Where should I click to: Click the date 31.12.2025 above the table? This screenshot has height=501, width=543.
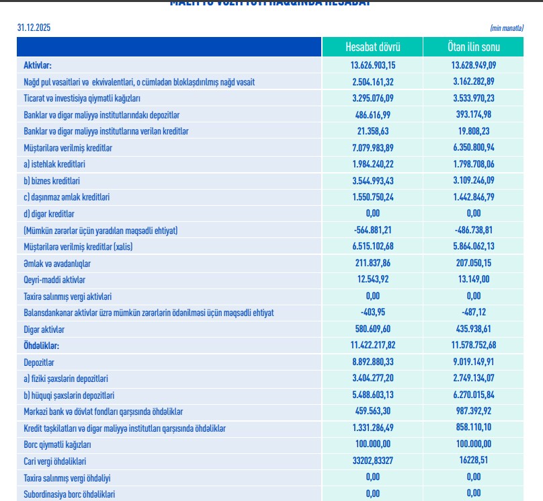(x=34, y=28)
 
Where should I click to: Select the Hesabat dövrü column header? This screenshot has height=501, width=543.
(x=373, y=47)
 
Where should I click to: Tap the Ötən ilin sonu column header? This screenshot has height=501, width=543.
(x=474, y=47)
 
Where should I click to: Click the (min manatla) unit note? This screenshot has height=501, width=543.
(x=507, y=28)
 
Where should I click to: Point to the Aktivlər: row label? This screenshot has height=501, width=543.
(x=38, y=65)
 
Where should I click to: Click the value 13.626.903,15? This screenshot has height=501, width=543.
(x=373, y=65)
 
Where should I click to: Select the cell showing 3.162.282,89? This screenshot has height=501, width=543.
(x=474, y=81)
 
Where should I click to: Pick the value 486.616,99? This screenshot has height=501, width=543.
(x=373, y=114)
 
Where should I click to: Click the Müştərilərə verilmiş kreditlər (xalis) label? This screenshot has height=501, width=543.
(x=77, y=247)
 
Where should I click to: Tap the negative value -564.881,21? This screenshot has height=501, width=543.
(x=373, y=231)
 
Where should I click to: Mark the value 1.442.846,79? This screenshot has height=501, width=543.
(x=474, y=197)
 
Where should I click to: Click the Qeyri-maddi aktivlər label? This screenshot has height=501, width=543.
(x=54, y=280)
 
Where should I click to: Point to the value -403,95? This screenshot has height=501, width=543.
(x=373, y=313)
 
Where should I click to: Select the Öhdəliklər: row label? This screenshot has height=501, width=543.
(x=42, y=346)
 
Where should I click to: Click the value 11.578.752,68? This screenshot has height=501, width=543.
(x=474, y=346)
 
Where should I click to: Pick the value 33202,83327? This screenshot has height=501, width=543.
(x=373, y=461)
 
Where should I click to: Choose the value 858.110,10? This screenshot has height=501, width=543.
(x=474, y=428)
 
